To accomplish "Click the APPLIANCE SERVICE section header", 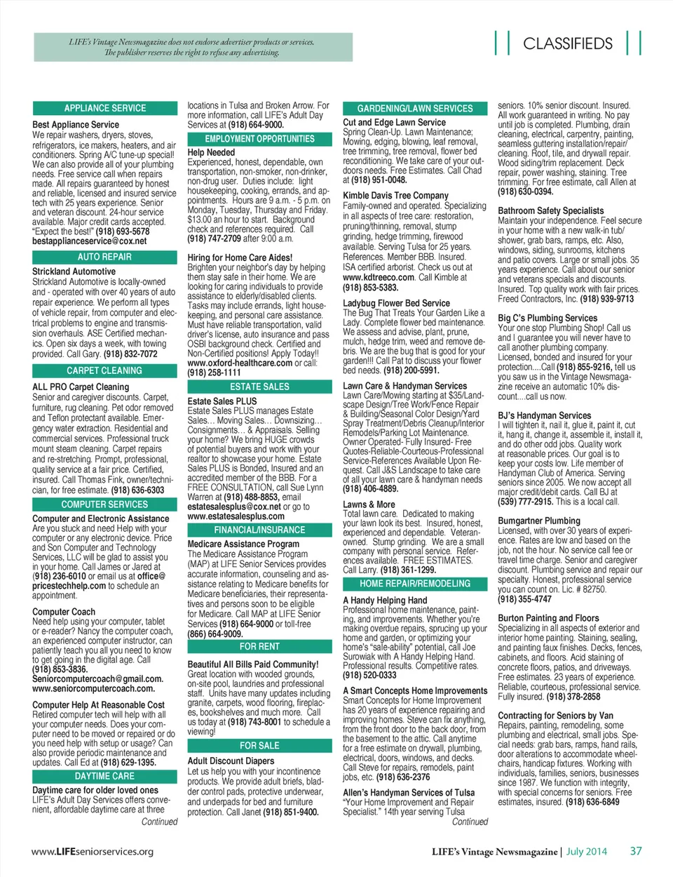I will (x=105, y=108).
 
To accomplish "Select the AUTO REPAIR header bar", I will (x=105, y=257).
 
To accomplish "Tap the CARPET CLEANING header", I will (x=105, y=370).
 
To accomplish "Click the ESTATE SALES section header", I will (x=259, y=387).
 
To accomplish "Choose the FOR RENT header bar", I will (x=259, y=646).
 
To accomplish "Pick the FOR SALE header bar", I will (x=259, y=745).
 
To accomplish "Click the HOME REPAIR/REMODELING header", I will (x=415, y=584).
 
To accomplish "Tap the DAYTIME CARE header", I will (x=105, y=776).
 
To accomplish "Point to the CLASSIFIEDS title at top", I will (x=568, y=43).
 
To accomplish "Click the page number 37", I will (x=635, y=851).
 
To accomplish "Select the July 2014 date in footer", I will (x=587, y=852).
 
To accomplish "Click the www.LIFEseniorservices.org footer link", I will (x=93, y=852).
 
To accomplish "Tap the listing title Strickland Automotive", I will (x=74, y=272).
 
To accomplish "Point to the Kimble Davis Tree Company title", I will (x=395, y=196).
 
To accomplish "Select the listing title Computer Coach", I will (x=64, y=612).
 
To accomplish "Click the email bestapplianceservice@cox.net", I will (x=90, y=241).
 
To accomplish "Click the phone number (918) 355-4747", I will (x=525, y=599).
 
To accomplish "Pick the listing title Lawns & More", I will (x=369, y=504).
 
